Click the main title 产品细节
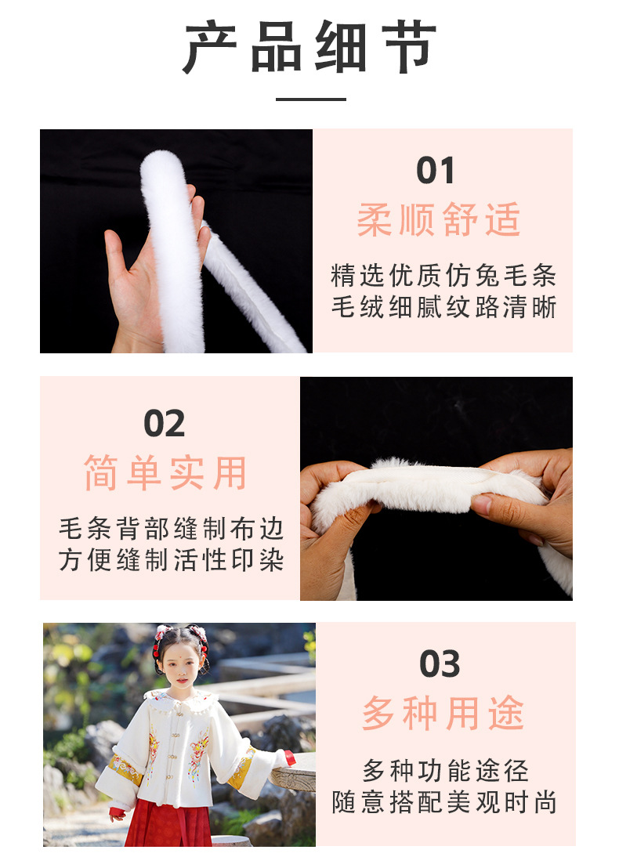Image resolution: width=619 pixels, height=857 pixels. (x=310, y=48)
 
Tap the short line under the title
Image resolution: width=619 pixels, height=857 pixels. (x=310, y=99)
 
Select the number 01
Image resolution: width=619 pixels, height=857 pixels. (x=436, y=171)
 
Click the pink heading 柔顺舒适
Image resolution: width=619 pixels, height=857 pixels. (x=439, y=219)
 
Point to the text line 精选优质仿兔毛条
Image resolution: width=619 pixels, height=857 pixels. (x=443, y=275)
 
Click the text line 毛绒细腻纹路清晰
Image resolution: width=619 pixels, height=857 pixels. (x=443, y=306)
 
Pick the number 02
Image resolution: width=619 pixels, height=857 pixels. (x=164, y=424)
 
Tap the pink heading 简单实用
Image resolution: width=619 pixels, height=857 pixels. (x=165, y=473)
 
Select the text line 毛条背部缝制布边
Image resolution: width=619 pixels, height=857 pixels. (x=171, y=529)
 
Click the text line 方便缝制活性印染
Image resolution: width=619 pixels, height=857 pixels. (x=171, y=560)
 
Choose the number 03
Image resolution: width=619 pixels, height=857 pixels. (x=440, y=664)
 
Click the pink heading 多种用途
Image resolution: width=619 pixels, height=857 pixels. (x=443, y=714)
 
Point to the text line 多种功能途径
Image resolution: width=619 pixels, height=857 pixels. (x=445, y=771)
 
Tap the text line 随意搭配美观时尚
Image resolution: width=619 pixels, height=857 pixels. (x=444, y=802)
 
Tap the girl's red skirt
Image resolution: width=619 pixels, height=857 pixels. (x=169, y=823)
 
